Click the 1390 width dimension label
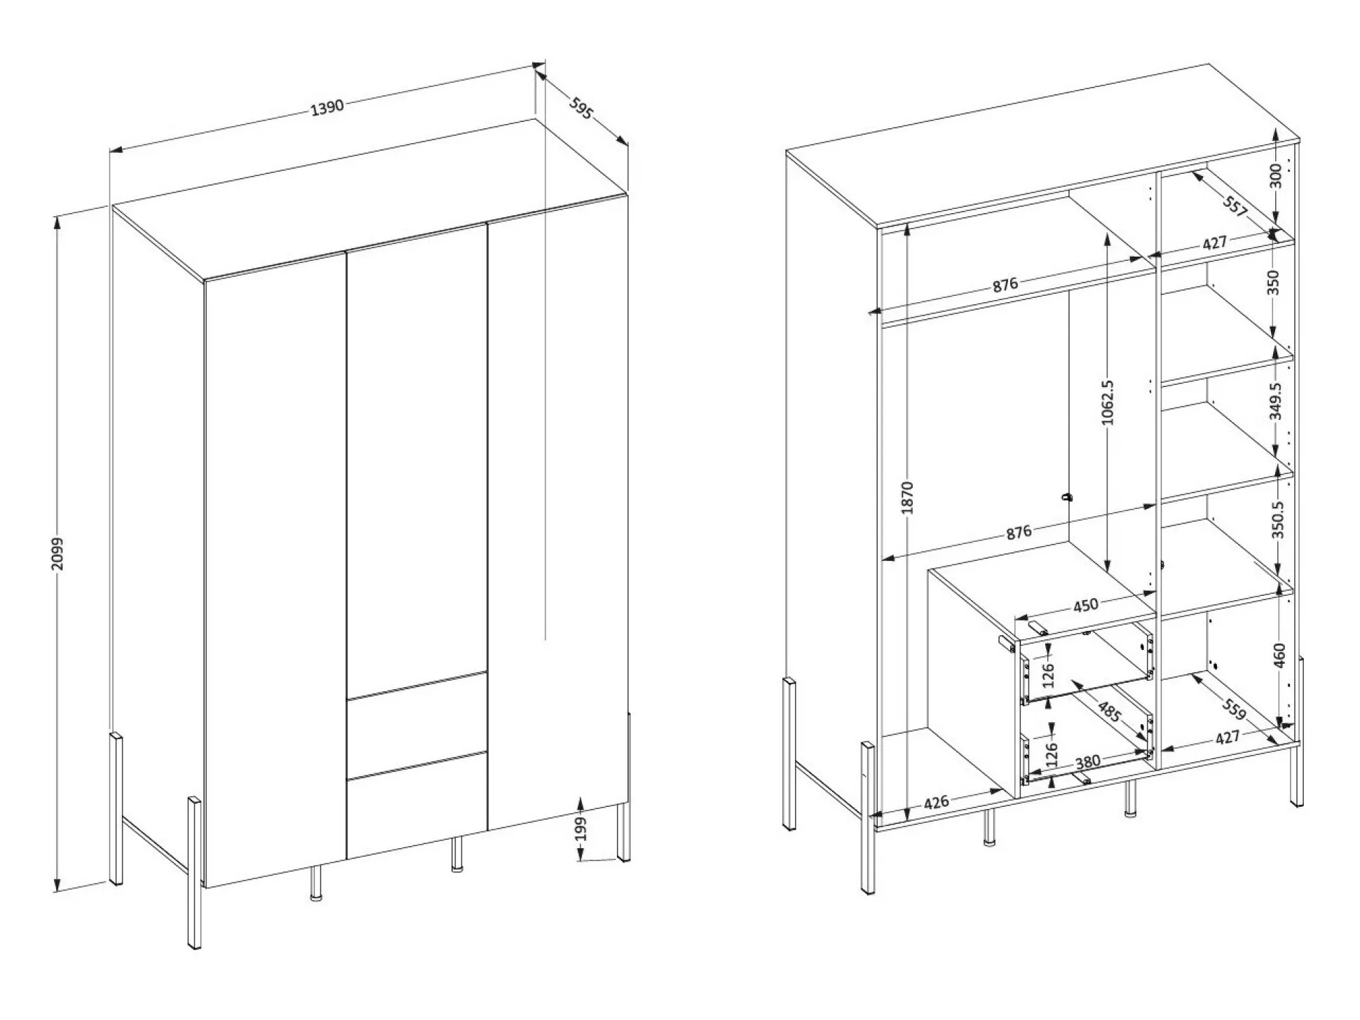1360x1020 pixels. click(x=327, y=107)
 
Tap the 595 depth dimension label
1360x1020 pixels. click(x=580, y=109)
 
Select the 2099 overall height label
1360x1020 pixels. click(x=57, y=553)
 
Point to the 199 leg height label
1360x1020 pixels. click(x=580, y=829)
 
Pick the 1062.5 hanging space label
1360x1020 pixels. click(x=1107, y=402)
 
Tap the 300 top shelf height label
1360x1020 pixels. click(x=1275, y=175)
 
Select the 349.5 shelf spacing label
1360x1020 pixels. click(x=1275, y=401)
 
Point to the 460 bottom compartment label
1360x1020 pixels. click(x=1279, y=655)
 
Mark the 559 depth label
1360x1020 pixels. click(x=1234, y=709)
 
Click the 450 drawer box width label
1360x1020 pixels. click(x=1085, y=604)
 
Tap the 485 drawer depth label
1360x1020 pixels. click(x=1109, y=712)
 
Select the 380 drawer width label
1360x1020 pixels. click(x=1087, y=761)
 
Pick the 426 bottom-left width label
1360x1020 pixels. click(x=937, y=802)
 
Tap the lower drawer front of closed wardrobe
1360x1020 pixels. click(x=416, y=805)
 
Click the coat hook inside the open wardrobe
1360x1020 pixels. click(x=1067, y=497)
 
